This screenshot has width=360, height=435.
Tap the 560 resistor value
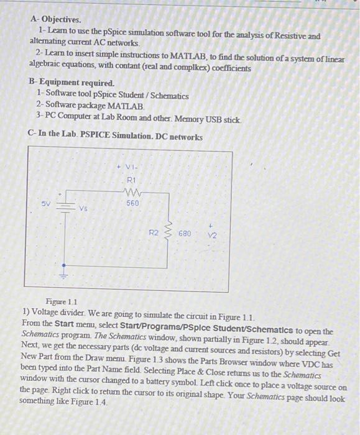pos(132,203)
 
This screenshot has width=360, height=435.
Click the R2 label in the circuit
pos(153,233)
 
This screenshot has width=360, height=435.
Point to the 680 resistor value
pos(184,234)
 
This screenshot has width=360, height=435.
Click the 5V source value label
pos(46,203)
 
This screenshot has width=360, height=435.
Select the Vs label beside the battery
pos(82,209)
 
